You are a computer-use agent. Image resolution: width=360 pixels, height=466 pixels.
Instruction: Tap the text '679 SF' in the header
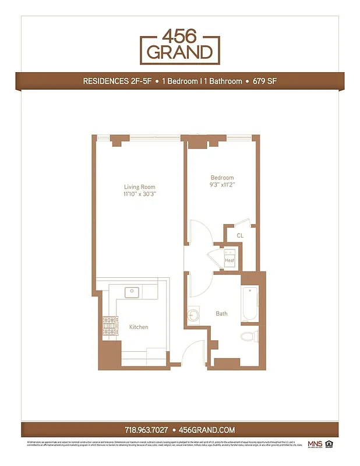coord(264,82)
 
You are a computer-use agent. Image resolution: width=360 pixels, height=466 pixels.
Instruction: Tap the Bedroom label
coord(222,178)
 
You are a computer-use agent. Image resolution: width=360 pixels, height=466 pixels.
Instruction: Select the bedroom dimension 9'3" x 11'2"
coord(223,185)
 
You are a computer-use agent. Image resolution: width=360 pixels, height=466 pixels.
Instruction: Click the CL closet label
coord(239,235)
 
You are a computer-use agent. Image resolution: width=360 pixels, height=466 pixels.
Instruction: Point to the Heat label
coord(230,260)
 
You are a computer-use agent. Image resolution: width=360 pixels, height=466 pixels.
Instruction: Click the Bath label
coord(221,313)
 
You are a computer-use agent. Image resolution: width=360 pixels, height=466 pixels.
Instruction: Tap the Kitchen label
coord(139,327)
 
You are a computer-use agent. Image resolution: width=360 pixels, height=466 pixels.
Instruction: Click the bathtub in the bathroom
coord(249,303)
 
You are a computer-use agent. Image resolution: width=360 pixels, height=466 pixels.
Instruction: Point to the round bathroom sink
coord(193,316)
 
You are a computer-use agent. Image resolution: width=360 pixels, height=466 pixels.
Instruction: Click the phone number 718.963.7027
coord(146,430)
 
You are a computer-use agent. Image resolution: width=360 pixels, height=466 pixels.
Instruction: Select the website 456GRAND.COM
coord(207,430)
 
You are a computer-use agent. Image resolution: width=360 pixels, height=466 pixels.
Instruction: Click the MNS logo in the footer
coord(315,444)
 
